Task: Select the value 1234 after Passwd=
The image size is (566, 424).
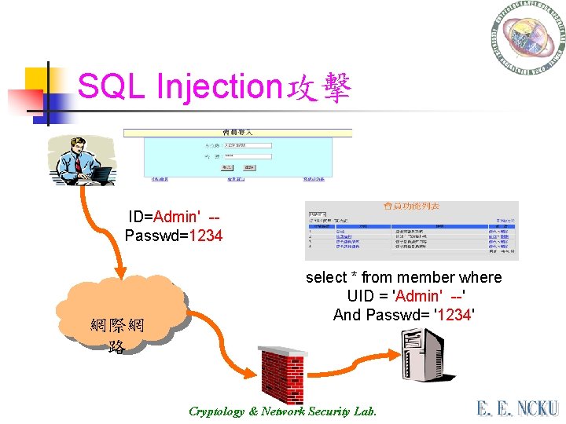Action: (206, 236)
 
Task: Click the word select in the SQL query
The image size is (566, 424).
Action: (325, 277)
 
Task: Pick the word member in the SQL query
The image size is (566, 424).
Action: (426, 277)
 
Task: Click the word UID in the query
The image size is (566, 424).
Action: (361, 296)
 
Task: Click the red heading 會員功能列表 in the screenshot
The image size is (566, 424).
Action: (411, 206)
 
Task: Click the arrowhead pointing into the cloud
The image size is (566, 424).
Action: (118, 269)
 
